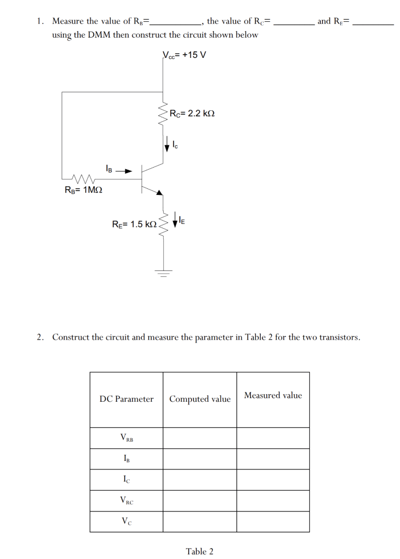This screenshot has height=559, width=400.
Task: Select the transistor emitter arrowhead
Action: tap(159, 192)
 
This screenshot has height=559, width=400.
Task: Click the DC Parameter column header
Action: tap(127, 399)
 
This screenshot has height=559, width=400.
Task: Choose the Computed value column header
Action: tap(200, 399)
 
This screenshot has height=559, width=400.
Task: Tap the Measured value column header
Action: tap(273, 395)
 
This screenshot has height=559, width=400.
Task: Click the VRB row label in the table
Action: tap(127, 438)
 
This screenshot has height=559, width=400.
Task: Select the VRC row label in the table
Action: tap(127, 501)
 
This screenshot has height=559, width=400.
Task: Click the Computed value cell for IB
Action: tap(200, 459)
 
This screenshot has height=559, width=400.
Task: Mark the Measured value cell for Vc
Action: tap(273, 521)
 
